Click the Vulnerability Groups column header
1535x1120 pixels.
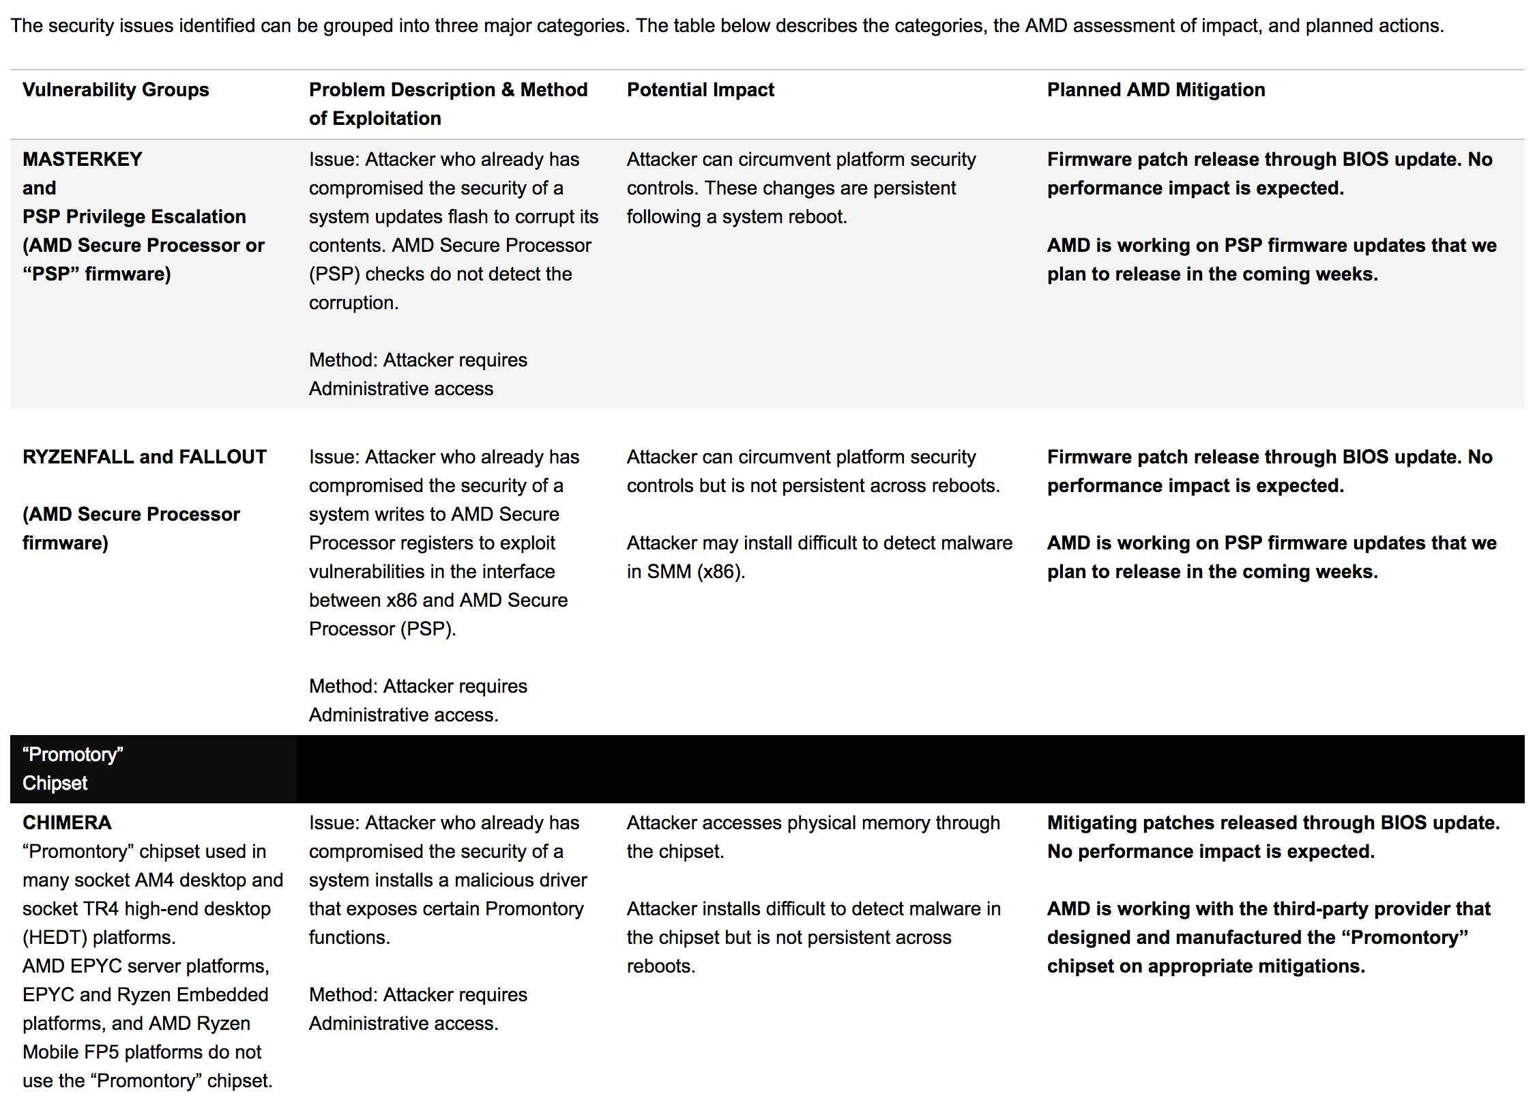pyautogui.click(x=115, y=90)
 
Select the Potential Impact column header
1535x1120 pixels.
pyautogui.click(x=700, y=90)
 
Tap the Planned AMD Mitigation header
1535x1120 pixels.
pyautogui.click(x=1156, y=90)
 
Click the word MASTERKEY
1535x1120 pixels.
pyautogui.click(x=83, y=160)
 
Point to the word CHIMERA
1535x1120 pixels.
pyautogui.click(x=67, y=823)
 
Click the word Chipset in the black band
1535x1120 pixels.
pyautogui.click(x=55, y=784)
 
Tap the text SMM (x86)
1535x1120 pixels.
pyautogui.click(x=695, y=572)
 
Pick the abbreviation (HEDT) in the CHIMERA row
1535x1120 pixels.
pyautogui.click(x=55, y=938)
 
